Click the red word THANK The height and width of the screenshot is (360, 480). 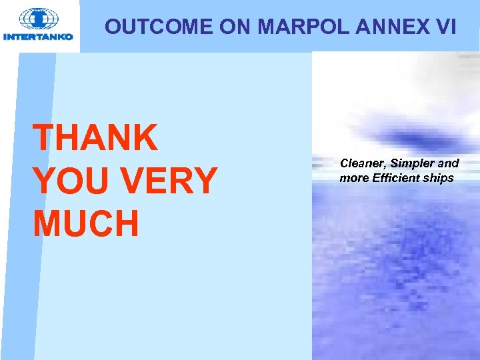(x=95, y=138)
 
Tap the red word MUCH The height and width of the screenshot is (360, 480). (x=86, y=223)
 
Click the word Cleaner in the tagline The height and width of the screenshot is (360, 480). (x=363, y=163)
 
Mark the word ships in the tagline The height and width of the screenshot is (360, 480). (x=441, y=178)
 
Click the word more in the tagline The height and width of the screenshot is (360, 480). (x=353, y=178)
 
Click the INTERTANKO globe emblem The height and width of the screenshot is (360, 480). (x=39, y=18)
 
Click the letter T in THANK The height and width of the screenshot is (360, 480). (x=44, y=138)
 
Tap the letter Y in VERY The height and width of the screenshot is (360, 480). (x=204, y=181)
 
